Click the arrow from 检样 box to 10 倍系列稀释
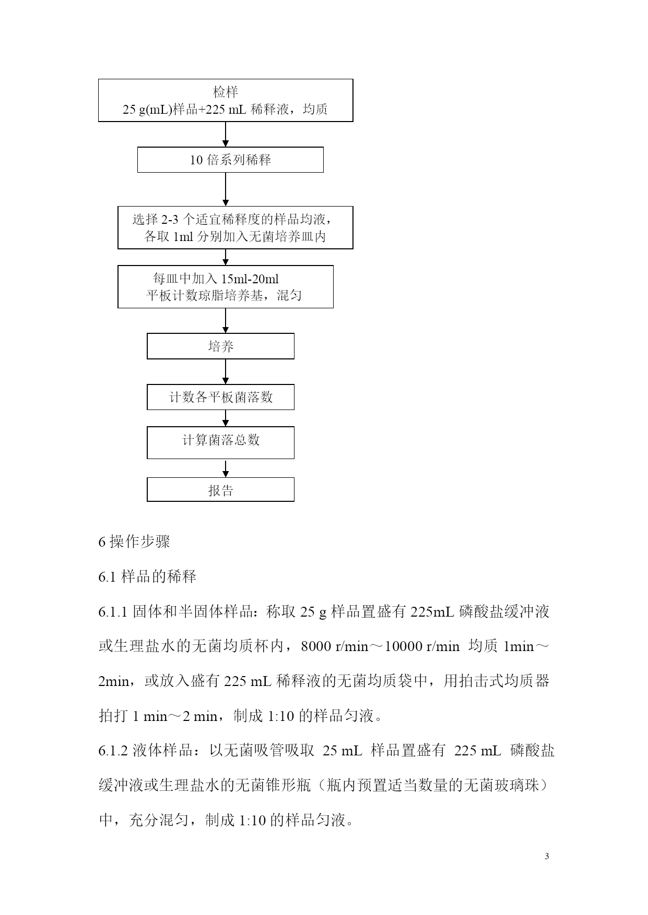[x=226, y=134]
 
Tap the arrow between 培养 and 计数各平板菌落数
[x=226, y=371]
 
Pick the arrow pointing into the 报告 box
[x=226, y=468]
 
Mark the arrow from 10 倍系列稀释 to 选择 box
[x=226, y=189]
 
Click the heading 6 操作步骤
[x=134, y=541]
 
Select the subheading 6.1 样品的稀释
[x=147, y=576]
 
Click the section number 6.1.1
[x=113, y=612]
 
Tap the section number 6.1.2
[x=113, y=751]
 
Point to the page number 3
[x=547, y=856]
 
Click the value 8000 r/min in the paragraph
[x=335, y=647]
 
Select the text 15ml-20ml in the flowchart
[x=250, y=279]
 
